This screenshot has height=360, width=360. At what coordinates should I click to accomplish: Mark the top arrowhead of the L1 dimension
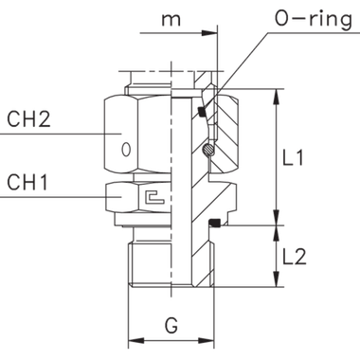276,96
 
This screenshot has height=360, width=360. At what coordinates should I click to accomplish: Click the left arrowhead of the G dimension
134,338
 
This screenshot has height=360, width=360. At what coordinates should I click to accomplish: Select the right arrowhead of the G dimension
207,338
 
